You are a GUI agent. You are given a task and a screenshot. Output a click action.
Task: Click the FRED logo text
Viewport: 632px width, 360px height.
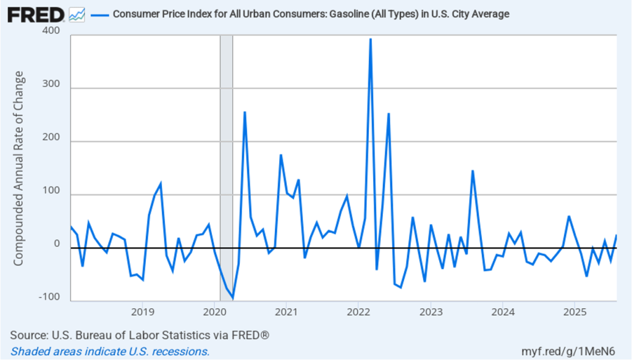[x=36, y=14]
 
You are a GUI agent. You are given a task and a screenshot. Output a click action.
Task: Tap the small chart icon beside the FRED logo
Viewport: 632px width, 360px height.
[x=77, y=14]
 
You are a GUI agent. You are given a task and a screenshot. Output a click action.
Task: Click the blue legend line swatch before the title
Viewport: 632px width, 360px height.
[x=99, y=14]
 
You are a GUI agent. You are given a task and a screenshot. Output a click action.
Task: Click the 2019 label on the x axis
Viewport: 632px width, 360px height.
[x=142, y=311]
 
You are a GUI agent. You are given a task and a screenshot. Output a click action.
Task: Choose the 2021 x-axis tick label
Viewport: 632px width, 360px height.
[x=287, y=311]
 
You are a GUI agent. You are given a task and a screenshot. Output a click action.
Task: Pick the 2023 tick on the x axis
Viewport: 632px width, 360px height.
[x=431, y=311]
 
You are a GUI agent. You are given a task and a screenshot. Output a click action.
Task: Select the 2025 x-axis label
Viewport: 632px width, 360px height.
[x=575, y=311]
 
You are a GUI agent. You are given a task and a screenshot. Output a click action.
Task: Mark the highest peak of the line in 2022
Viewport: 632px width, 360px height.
[x=370, y=39]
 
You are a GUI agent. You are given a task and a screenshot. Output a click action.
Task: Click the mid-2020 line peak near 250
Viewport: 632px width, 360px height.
[x=245, y=112]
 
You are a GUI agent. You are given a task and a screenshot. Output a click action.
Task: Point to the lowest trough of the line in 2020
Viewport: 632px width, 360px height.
[x=233, y=299]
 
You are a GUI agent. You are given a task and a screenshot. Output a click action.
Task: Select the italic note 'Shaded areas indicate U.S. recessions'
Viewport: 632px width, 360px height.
[x=110, y=351]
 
